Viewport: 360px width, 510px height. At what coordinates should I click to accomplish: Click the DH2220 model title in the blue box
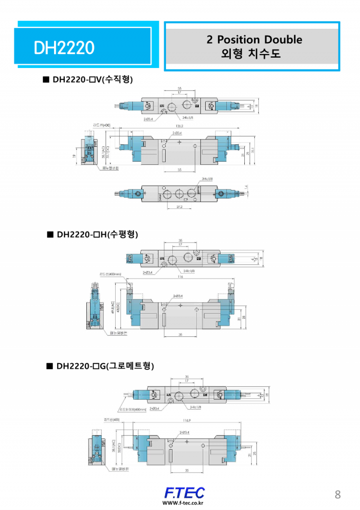tap(64, 48)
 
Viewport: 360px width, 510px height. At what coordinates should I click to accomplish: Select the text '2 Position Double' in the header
tap(254, 40)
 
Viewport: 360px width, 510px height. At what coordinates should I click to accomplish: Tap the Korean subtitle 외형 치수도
tap(251, 54)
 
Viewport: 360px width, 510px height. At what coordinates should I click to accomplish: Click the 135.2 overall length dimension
tap(180, 126)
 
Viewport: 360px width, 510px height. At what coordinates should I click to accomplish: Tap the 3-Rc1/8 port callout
tap(207, 179)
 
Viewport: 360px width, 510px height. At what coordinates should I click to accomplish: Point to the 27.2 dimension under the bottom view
tap(179, 207)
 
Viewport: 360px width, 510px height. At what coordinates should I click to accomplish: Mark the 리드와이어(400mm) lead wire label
tap(133, 409)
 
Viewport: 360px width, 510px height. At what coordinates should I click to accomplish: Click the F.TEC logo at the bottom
tap(184, 492)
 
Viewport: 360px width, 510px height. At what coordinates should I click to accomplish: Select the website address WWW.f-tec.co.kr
tap(183, 503)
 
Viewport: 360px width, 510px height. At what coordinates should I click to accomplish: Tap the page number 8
tap(337, 494)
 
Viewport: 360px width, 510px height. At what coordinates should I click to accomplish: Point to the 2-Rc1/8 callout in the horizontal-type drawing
tap(189, 271)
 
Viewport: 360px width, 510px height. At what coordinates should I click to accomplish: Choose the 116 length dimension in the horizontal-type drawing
tap(180, 277)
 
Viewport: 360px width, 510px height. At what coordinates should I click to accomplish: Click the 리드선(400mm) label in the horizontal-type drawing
tap(110, 274)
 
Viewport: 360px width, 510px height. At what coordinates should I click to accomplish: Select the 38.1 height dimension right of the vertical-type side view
tap(252, 150)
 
